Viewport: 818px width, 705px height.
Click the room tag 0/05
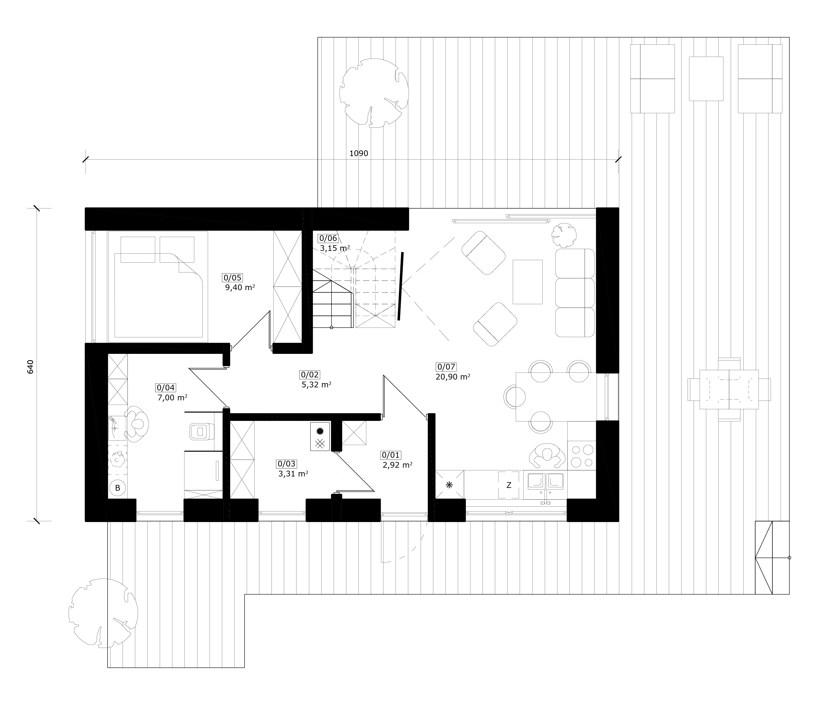(233, 277)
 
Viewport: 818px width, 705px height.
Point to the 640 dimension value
(31, 367)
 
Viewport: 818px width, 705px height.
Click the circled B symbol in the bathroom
(117, 488)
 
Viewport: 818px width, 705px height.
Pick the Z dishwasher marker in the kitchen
(508, 485)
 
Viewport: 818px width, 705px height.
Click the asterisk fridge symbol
(449, 485)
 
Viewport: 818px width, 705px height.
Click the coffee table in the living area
(528, 282)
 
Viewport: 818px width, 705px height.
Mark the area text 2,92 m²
(398, 465)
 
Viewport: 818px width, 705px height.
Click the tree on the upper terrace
(374, 93)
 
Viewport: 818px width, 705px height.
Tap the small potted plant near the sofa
(564, 235)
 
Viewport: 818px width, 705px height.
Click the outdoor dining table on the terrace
(729, 389)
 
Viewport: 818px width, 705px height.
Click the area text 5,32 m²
(316, 384)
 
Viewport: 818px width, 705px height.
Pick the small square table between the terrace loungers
(706, 79)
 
